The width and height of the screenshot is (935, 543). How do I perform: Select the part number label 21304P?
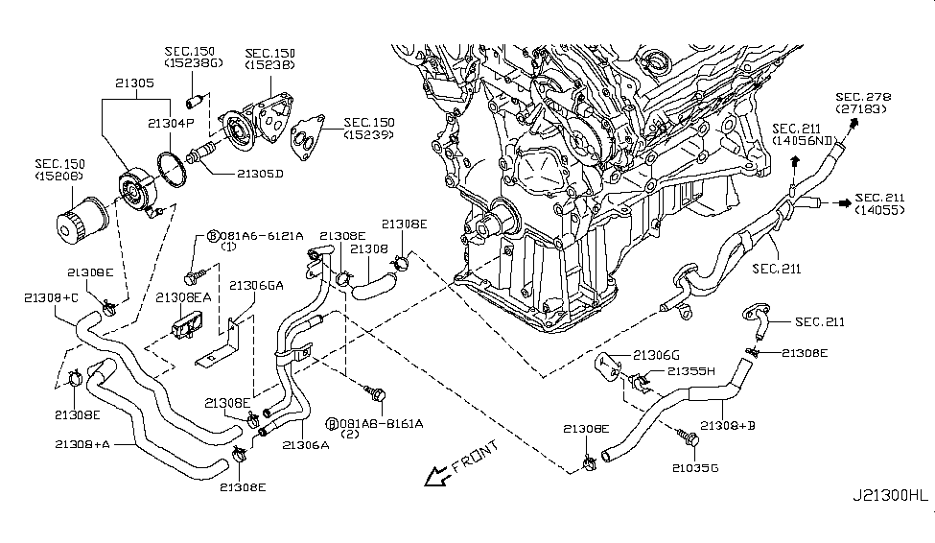[x=171, y=123]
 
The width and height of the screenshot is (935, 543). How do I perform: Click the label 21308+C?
[x=51, y=297]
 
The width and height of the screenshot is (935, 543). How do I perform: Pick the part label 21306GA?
[x=256, y=285]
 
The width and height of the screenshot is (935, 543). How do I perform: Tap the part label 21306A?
[x=307, y=444]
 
